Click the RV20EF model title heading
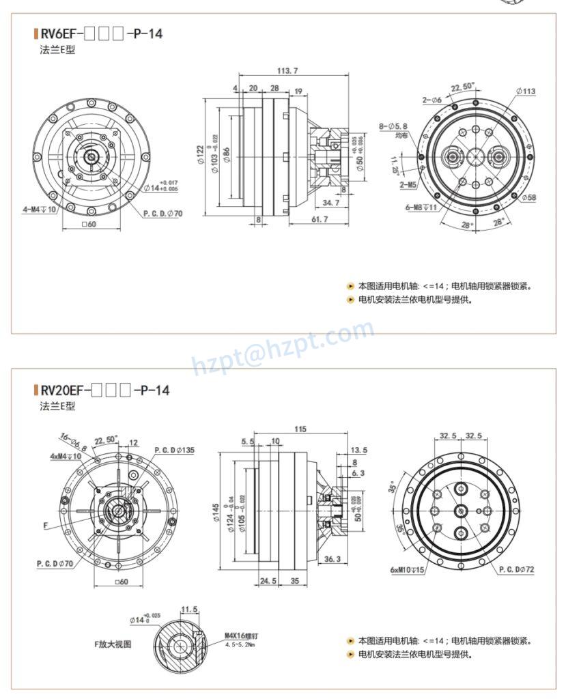(104, 390)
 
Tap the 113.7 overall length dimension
(287, 70)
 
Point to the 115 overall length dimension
(300, 429)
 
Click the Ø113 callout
(525, 91)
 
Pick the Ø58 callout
(529, 197)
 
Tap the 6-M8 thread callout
(421, 207)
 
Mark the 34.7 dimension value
(331, 203)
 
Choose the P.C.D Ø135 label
(174, 450)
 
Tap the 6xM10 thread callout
(408, 570)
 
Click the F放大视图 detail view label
(113, 643)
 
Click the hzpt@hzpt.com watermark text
(283, 349)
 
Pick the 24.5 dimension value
(268, 582)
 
